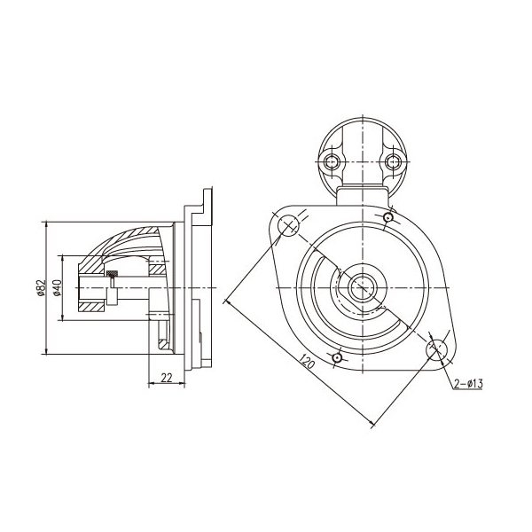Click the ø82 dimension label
(42, 287)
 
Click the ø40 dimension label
(58, 287)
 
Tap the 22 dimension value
(167, 378)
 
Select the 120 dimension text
(307, 362)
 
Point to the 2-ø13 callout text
(468, 384)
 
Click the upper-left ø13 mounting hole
(288, 225)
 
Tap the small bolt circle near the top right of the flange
(388, 217)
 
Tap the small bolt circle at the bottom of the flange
(337, 357)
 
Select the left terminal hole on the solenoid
(331, 162)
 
